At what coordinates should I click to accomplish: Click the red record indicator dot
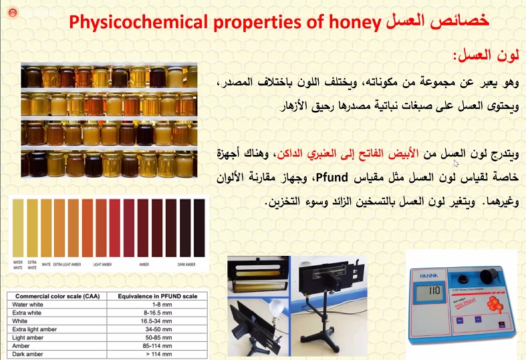pyautogui.click(x=11, y=13)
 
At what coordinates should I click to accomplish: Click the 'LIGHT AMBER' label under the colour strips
pyautogui.click(x=102, y=264)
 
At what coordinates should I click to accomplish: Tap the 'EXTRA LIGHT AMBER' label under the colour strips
pyautogui.click(x=67, y=264)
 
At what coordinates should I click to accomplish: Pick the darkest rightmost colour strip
pyautogui.click(x=199, y=227)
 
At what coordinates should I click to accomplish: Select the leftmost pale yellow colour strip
pyautogui.click(x=19, y=227)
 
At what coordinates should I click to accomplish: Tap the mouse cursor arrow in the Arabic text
pyautogui.click(x=456, y=163)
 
